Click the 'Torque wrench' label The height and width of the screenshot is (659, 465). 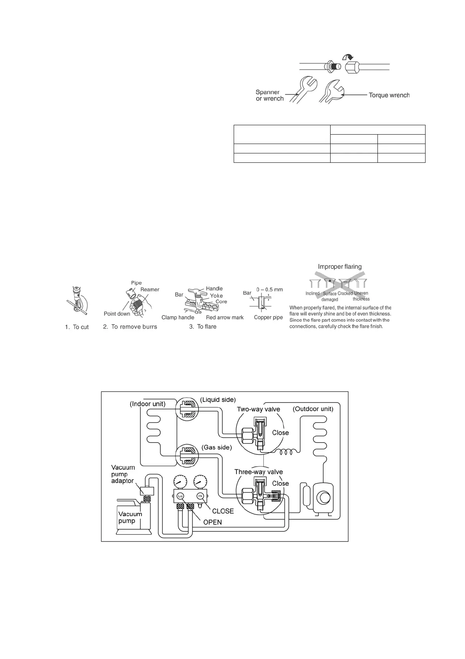pyautogui.click(x=389, y=95)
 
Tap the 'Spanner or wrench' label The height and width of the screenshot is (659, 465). pyautogui.click(x=270, y=95)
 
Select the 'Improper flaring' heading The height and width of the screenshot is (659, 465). pyautogui.click(x=340, y=266)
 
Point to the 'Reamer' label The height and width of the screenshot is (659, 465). pyautogui.click(x=150, y=290)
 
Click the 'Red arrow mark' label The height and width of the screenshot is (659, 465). pyautogui.click(x=225, y=317)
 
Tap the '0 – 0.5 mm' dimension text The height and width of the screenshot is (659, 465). pyautogui.click(x=269, y=290)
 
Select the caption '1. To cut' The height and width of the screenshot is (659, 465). pyautogui.click(x=77, y=327)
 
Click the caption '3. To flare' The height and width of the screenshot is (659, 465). pyautogui.click(x=203, y=327)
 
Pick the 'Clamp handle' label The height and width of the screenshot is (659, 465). pyautogui.click(x=178, y=317)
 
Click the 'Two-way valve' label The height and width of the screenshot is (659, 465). pyautogui.click(x=258, y=409)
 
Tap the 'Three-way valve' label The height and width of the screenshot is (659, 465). pyautogui.click(x=258, y=472)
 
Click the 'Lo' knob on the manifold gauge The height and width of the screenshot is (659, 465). pyautogui.click(x=180, y=496)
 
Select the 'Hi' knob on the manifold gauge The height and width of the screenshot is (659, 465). pyautogui.click(x=200, y=496)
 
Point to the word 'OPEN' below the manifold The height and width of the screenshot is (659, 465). pyautogui.click(x=212, y=522)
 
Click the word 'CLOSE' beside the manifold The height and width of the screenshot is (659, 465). pyautogui.click(x=223, y=511)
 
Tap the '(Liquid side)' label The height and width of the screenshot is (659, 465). pyautogui.click(x=218, y=400)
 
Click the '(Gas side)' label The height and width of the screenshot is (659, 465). pyautogui.click(x=216, y=447)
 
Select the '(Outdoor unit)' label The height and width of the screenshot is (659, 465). pyautogui.click(x=313, y=409)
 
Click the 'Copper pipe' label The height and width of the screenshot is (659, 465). pyautogui.click(x=268, y=317)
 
